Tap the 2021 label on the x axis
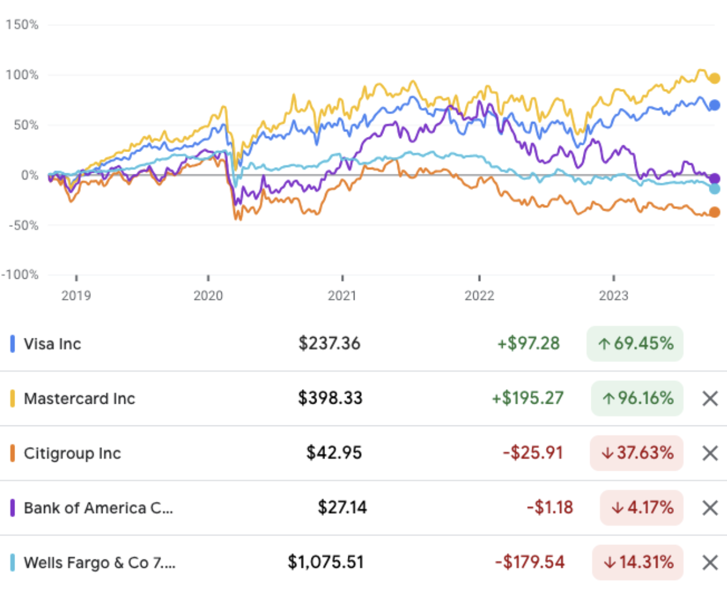(x=342, y=296)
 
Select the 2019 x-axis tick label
(x=77, y=296)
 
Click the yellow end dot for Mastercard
(x=714, y=78)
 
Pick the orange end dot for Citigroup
(x=714, y=212)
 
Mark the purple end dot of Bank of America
(x=714, y=178)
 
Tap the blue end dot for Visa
(x=714, y=105)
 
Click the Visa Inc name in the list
(x=52, y=344)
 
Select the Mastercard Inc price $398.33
(x=330, y=398)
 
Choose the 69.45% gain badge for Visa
(x=635, y=344)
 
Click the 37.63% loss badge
(x=637, y=453)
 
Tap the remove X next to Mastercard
(x=711, y=398)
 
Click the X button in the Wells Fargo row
(x=711, y=563)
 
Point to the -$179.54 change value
(x=530, y=563)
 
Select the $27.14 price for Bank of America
(x=342, y=508)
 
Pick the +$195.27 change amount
(x=530, y=398)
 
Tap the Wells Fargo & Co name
(x=99, y=563)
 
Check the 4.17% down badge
(x=642, y=508)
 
